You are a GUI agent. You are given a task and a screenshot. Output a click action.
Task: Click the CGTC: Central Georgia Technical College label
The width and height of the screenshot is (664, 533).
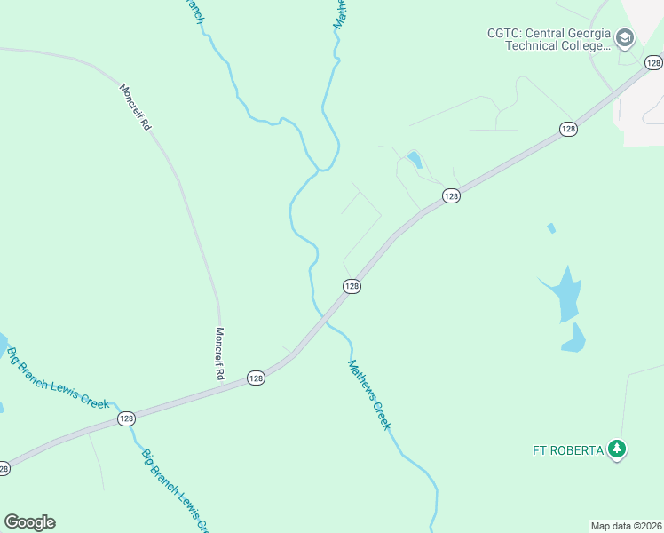pyautogui.click(x=548, y=39)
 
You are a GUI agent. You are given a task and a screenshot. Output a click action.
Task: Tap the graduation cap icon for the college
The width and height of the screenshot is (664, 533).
pyautogui.click(x=625, y=37)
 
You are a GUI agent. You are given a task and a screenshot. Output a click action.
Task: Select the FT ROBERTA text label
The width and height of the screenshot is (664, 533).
pyautogui.click(x=567, y=449)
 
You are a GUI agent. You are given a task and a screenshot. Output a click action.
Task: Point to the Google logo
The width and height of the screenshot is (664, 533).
pyautogui.click(x=29, y=522)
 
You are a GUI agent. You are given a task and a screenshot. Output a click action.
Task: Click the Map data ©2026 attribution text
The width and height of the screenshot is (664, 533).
pyautogui.click(x=626, y=526)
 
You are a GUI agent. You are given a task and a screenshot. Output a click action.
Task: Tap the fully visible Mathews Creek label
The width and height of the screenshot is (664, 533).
pyautogui.click(x=369, y=394)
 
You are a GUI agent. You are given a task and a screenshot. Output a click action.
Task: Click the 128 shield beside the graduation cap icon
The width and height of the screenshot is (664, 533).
pyautogui.click(x=653, y=62)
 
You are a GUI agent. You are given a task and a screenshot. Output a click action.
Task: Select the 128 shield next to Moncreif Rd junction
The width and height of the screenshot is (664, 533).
pyautogui.click(x=256, y=378)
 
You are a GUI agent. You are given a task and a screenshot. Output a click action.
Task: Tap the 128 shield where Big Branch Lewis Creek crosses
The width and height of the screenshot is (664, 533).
pyautogui.click(x=125, y=418)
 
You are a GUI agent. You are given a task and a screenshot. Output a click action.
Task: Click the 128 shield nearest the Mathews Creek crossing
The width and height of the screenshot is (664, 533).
pyautogui.click(x=352, y=286)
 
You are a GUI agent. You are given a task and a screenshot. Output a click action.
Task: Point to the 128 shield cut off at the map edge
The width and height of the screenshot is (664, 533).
pyautogui.click(x=4, y=467)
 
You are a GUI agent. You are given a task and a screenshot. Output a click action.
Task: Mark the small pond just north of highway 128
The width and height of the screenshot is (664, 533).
pyautogui.click(x=414, y=160)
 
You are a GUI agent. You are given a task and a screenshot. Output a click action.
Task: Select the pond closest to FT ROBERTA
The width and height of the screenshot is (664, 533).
pyautogui.click(x=573, y=338)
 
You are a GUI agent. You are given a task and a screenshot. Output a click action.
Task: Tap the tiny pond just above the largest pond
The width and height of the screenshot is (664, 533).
pyautogui.click(x=551, y=228)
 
